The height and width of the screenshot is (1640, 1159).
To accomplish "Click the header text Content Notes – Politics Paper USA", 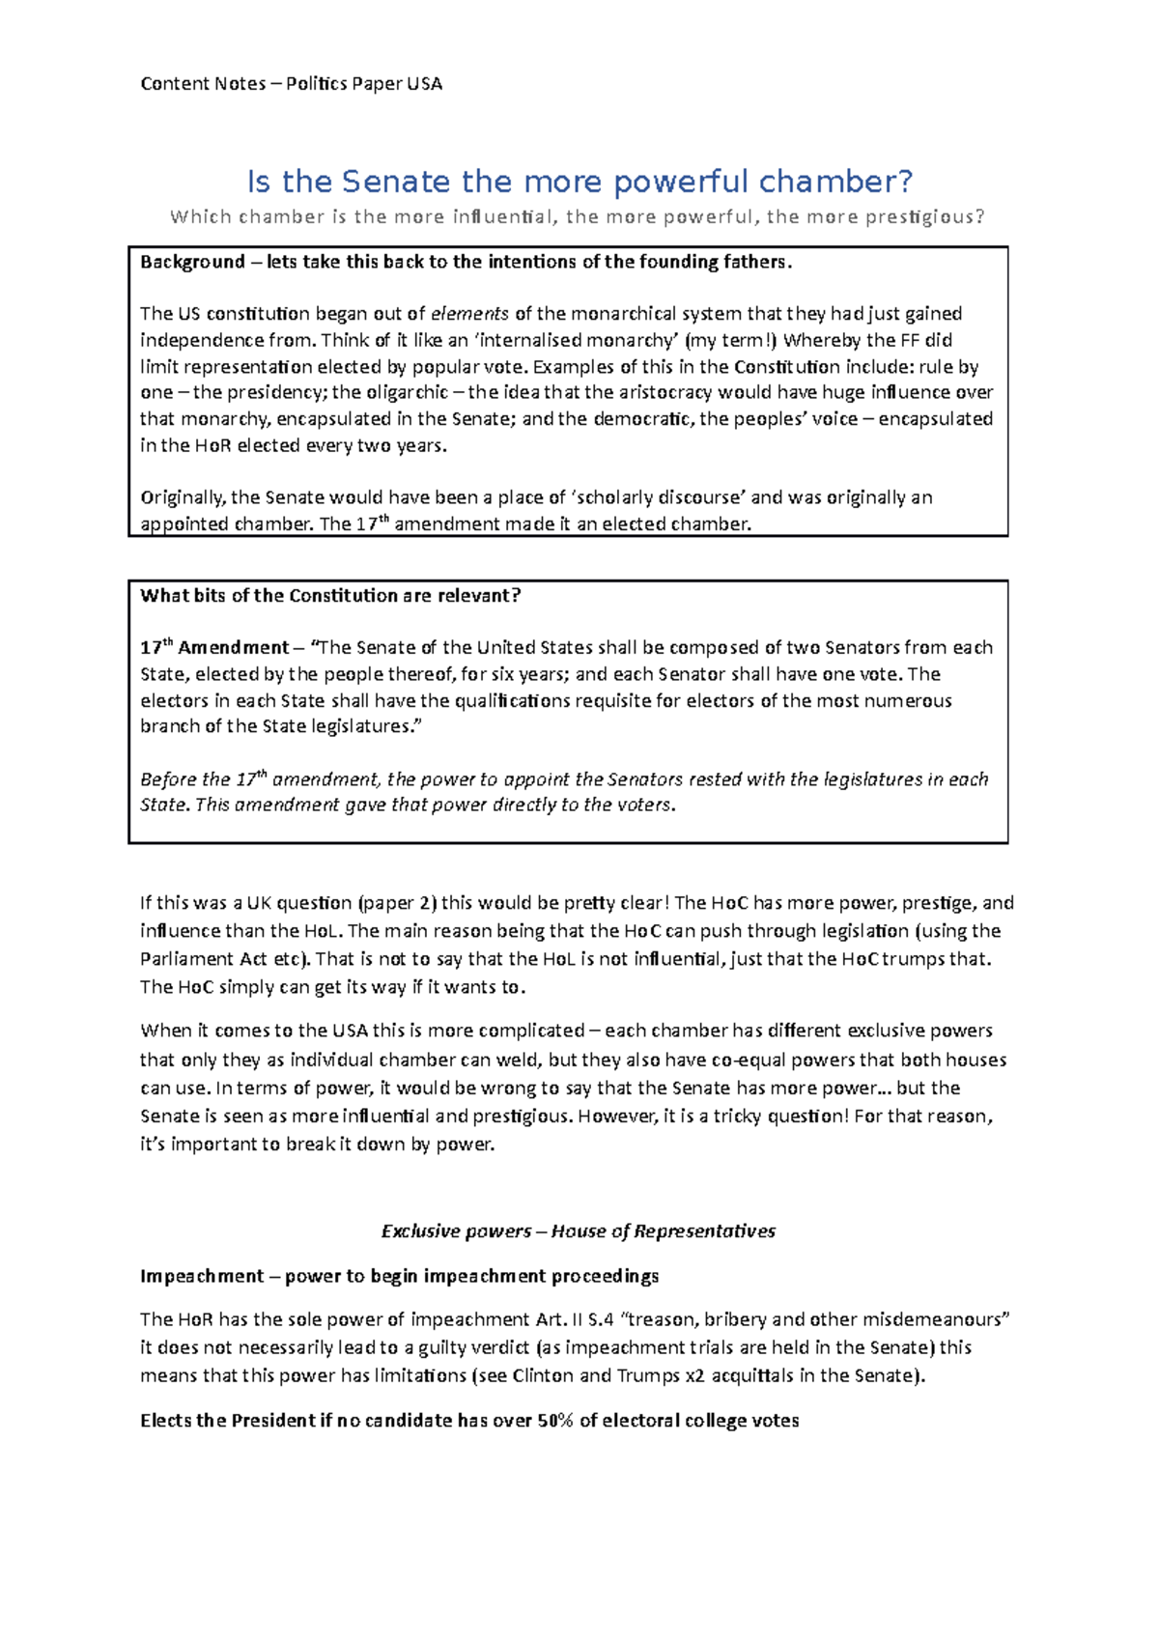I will pyautogui.click(x=291, y=84).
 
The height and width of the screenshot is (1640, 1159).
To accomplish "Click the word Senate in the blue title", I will pyautogui.click(x=396, y=182).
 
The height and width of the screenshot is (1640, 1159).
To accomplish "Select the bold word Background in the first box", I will pyautogui.click(x=192, y=262).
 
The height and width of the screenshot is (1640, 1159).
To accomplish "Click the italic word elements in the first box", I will pyautogui.click(x=469, y=314).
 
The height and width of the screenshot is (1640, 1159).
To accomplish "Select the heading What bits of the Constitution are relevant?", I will pyautogui.click(x=330, y=596).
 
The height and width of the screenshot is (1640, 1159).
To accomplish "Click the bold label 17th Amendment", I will pyautogui.click(x=214, y=648).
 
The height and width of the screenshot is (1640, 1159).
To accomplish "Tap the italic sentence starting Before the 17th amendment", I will pyautogui.click(x=564, y=779).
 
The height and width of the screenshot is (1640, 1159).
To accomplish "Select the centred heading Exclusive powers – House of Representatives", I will pyautogui.click(x=578, y=1231).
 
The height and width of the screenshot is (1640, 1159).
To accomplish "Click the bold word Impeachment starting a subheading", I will pyautogui.click(x=201, y=1276).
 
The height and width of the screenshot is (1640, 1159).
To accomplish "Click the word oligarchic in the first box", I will pyautogui.click(x=407, y=392).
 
